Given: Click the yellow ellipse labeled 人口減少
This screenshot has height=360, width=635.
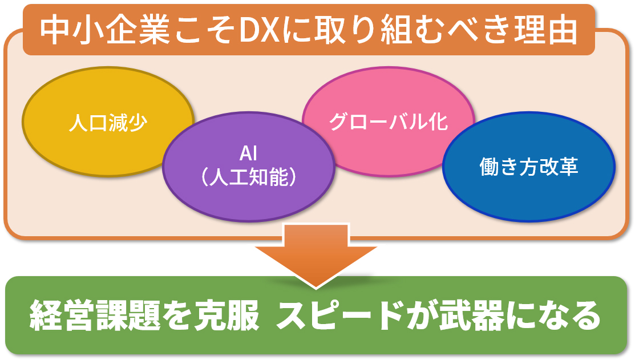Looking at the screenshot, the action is click(x=81, y=122).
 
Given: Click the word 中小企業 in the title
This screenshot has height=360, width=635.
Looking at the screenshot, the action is click(x=105, y=31).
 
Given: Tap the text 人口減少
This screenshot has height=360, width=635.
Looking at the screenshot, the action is click(x=108, y=122).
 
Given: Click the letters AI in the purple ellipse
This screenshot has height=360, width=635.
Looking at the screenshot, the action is click(x=248, y=153).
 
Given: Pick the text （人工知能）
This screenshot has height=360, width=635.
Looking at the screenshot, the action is click(x=249, y=177).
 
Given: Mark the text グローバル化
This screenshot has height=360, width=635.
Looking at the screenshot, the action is click(x=389, y=122).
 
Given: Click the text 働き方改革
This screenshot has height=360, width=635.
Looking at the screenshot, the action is click(x=529, y=167).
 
